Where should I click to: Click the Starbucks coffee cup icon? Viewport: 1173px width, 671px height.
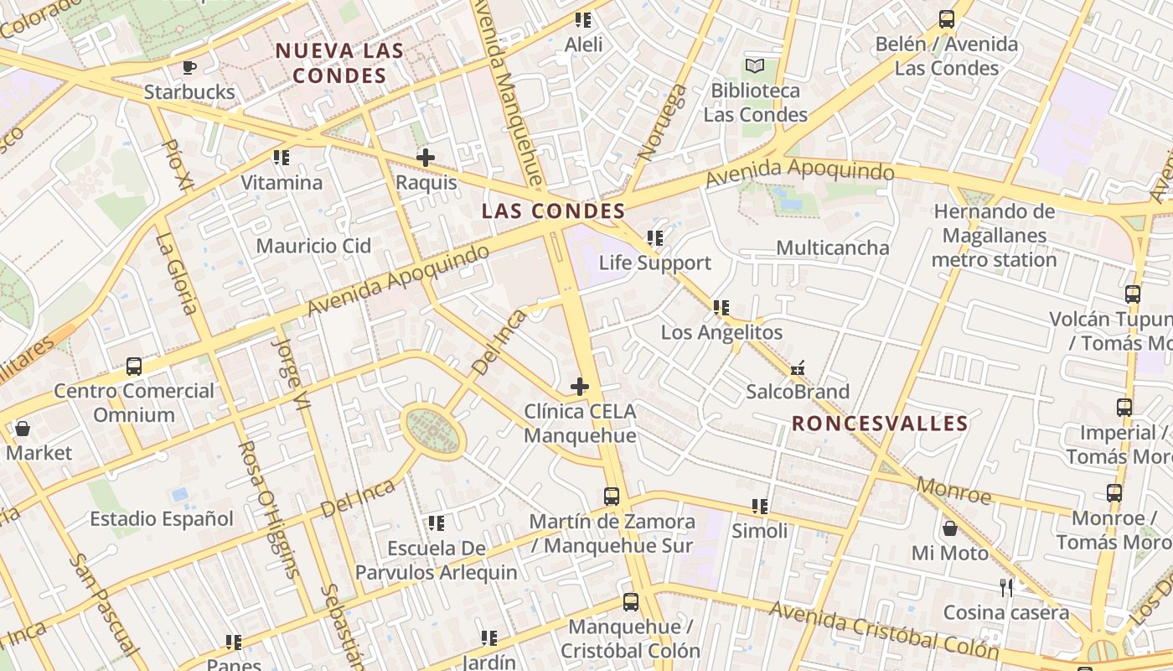(189, 67)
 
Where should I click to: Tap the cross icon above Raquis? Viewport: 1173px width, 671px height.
(426, 157)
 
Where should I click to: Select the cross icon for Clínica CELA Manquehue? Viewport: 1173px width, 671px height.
(579, 387)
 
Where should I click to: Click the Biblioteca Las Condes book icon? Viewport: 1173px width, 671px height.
(755, 65)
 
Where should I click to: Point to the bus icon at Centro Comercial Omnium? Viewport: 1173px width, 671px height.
(134, 366)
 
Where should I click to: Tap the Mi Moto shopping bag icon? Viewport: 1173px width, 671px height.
(950, 528)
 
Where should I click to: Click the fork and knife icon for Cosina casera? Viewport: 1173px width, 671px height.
(1006, 587)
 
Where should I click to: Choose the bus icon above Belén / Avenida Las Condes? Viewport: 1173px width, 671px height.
(947, 19)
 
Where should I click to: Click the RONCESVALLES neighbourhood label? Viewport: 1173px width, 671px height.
(880, 424)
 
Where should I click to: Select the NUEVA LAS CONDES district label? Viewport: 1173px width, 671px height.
(340, 63)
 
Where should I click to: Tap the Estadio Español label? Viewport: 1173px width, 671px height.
(162, 518)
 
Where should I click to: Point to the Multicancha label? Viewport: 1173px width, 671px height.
(832, 247)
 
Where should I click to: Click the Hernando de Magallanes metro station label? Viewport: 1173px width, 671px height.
(995, 236)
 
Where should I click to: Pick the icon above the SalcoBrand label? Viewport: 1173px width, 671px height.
(798, 367)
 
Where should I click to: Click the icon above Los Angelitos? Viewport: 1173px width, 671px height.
(721, 308)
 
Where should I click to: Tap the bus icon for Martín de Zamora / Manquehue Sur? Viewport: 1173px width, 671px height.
(612, 497)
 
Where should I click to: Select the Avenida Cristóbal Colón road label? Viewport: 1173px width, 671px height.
(885, 629)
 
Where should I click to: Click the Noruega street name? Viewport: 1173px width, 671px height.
(662, 122)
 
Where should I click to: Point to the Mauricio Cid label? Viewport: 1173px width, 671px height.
(313, 246)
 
